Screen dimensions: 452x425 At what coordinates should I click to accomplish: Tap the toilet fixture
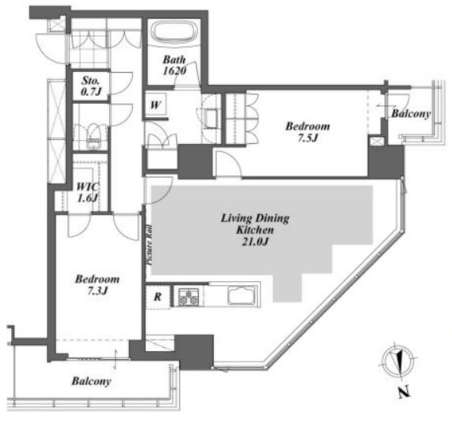point(93,137)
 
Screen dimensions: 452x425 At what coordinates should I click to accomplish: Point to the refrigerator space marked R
point(158,297)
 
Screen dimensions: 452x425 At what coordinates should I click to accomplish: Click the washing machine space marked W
point(156,105)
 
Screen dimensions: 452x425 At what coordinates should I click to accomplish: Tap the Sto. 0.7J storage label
point(91,86)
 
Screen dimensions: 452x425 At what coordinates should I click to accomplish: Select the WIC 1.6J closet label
point(88,192)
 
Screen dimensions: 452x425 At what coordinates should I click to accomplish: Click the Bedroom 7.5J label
point(308,132)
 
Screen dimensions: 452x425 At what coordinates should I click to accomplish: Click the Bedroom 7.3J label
point(97,285)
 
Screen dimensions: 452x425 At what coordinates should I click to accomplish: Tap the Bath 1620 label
point(174,65)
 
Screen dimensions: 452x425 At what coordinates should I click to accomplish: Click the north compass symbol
point(398,361)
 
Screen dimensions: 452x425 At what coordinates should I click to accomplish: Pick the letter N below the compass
point(404,392)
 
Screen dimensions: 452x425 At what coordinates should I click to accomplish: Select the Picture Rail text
point(149,245)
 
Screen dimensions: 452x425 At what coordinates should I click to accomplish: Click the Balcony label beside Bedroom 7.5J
point(411,114)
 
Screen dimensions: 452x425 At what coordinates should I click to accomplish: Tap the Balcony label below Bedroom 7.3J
point(91,381)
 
